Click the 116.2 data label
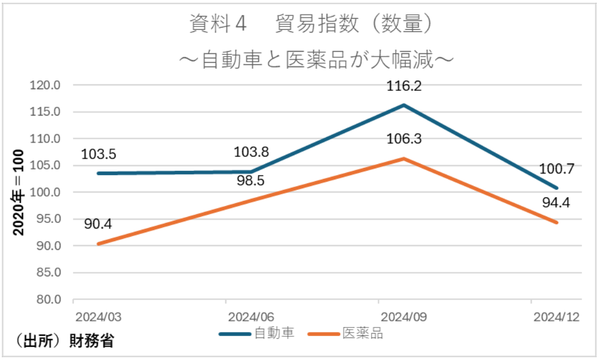(x=404, y=87)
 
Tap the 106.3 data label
(x=404, y=139)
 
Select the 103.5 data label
(x=99, y=155)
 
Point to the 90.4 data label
(x=99, y=225)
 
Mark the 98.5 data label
(x=251, y=181)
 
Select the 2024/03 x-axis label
(x=95, y=317)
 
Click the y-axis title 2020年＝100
(x=19, y=192)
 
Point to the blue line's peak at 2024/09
(x=404, y=105)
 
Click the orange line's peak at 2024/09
(x=404, y=159)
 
